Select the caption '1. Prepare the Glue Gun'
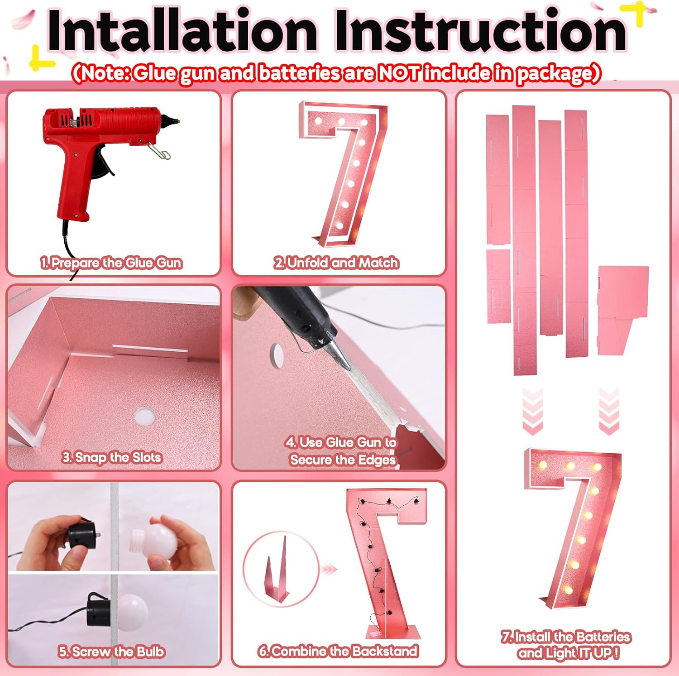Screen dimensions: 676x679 (111, 263)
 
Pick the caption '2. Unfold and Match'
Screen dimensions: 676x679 (336, 263)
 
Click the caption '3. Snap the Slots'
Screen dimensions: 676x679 (111, 457)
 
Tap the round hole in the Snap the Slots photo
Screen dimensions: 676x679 (145, 416)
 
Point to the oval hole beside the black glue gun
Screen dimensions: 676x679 (276, 355)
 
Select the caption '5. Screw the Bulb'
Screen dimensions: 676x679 (111, 652)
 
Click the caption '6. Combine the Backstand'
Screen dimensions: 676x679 (338, 651)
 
